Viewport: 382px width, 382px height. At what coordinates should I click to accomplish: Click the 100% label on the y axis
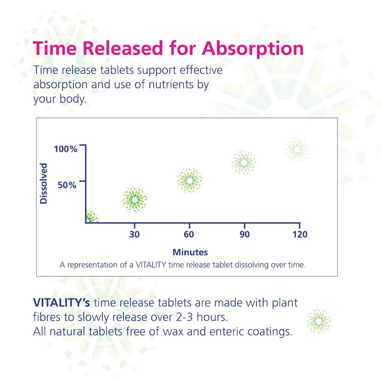65,149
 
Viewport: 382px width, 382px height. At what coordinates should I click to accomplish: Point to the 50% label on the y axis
67,185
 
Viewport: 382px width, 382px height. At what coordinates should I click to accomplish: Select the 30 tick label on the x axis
135,234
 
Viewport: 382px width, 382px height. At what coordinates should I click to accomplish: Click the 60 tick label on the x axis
189,234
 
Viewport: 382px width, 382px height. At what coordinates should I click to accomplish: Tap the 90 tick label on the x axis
244,234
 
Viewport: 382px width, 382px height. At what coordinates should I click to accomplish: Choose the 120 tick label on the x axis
299,234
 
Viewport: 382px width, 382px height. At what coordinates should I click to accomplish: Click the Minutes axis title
190,252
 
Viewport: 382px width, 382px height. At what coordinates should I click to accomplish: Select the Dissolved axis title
44,183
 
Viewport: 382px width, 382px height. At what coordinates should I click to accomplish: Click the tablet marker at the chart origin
91,217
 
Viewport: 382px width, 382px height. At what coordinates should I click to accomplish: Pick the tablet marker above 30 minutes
135,200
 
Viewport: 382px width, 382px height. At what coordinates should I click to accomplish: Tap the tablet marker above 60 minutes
189,180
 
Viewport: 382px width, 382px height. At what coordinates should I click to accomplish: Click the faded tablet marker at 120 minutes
297,149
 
